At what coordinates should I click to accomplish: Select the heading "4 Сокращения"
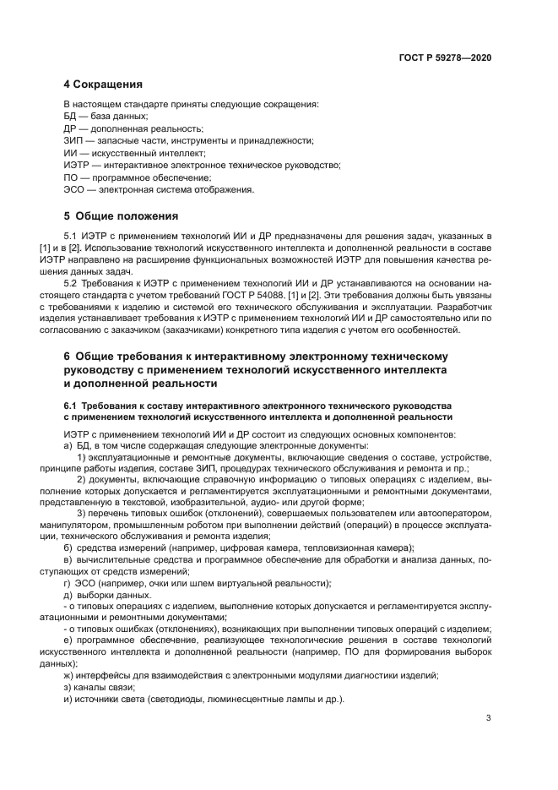103,84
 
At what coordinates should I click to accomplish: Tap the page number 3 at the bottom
489,719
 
